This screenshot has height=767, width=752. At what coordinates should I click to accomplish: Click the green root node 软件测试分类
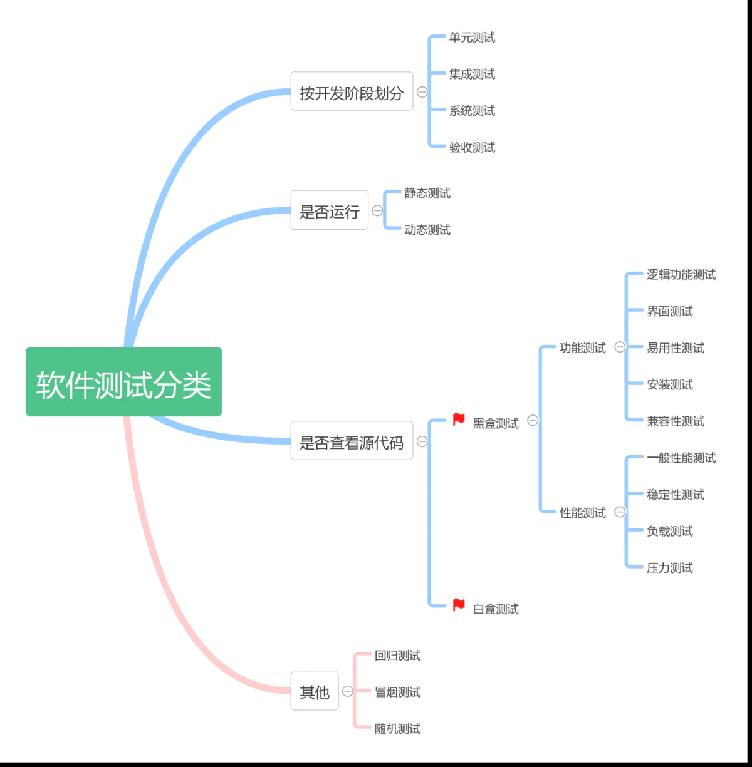click(x=123, y=382)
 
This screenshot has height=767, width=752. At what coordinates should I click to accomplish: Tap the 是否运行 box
click(x=329, y=210)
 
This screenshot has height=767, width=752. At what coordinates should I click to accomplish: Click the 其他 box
click(x=315, y=691)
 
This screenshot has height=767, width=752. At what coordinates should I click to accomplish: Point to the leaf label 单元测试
click(x=472, y=38)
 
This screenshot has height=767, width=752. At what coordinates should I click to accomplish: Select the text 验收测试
click(x=472, y=148)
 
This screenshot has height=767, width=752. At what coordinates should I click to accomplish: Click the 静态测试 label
click(x=427, y=193)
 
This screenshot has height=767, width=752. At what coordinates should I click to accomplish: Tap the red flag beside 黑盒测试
click(x=459, y=420)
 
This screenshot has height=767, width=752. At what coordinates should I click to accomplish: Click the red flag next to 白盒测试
click(x=459, y=605)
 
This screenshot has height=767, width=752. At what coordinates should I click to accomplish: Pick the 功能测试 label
click(x=582, y=348)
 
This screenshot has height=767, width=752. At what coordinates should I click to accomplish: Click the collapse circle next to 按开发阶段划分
click(x=422, y=92)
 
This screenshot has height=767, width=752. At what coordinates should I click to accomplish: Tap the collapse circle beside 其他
click(x=348, y=691)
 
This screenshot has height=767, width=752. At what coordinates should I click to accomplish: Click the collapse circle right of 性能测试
click(x=620, y=512)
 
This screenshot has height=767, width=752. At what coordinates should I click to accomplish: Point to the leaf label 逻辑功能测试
click(x=681, y=275)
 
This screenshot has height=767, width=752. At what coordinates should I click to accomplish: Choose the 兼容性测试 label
click(x=675, y=421)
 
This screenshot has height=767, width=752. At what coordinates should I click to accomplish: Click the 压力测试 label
click(x=669, y=568)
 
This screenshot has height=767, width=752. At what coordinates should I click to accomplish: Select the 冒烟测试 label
click(x=397, y=692)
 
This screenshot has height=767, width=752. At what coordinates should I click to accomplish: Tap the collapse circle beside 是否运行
click(x=377, y=210)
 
